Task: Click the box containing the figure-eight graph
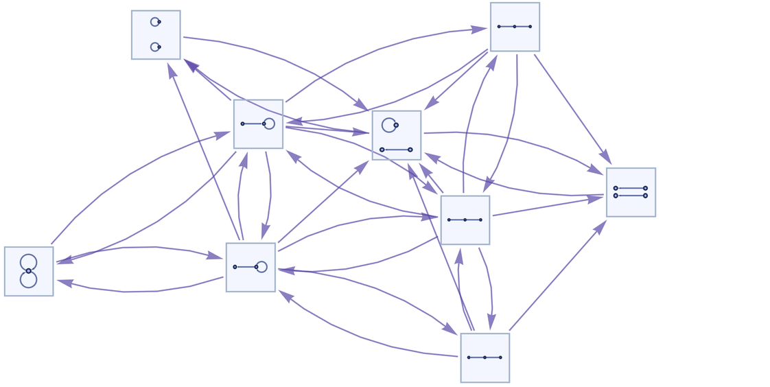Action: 29,271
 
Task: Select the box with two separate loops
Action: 156,35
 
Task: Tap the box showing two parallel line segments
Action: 631,192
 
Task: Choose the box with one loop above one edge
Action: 397,135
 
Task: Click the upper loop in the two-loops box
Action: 154,22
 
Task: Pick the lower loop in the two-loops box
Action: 154,47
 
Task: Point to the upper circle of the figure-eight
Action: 28,261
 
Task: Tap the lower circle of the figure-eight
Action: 28,280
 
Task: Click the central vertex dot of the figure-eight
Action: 28,271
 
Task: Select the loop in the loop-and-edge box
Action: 388,125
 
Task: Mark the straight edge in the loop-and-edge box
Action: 396,150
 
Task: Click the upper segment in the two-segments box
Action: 630,188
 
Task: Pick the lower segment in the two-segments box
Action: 630,196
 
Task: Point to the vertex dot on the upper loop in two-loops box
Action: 159,22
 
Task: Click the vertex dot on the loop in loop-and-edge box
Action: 396,125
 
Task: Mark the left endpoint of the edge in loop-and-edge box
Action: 382,150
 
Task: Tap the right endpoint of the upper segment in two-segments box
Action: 645,188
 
